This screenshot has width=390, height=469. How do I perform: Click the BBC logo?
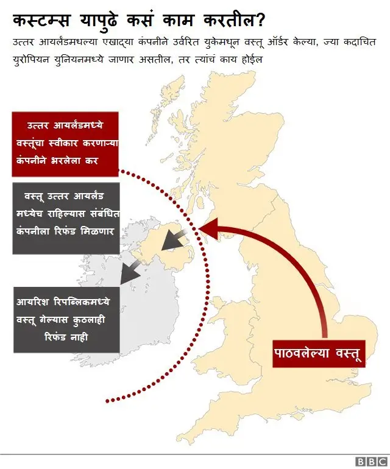(x=370, y=462)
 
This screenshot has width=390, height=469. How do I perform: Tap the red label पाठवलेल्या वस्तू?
(x=318, y=353)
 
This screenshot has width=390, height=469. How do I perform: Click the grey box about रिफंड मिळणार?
(x=66, y=218)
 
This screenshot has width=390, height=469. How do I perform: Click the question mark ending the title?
(x=260, y=21)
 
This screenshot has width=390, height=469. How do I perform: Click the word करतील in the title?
(x=227, y=21)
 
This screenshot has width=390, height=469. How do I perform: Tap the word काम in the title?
(x=175, y=21)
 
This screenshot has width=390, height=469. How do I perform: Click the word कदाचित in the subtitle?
(x=358, y=43)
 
